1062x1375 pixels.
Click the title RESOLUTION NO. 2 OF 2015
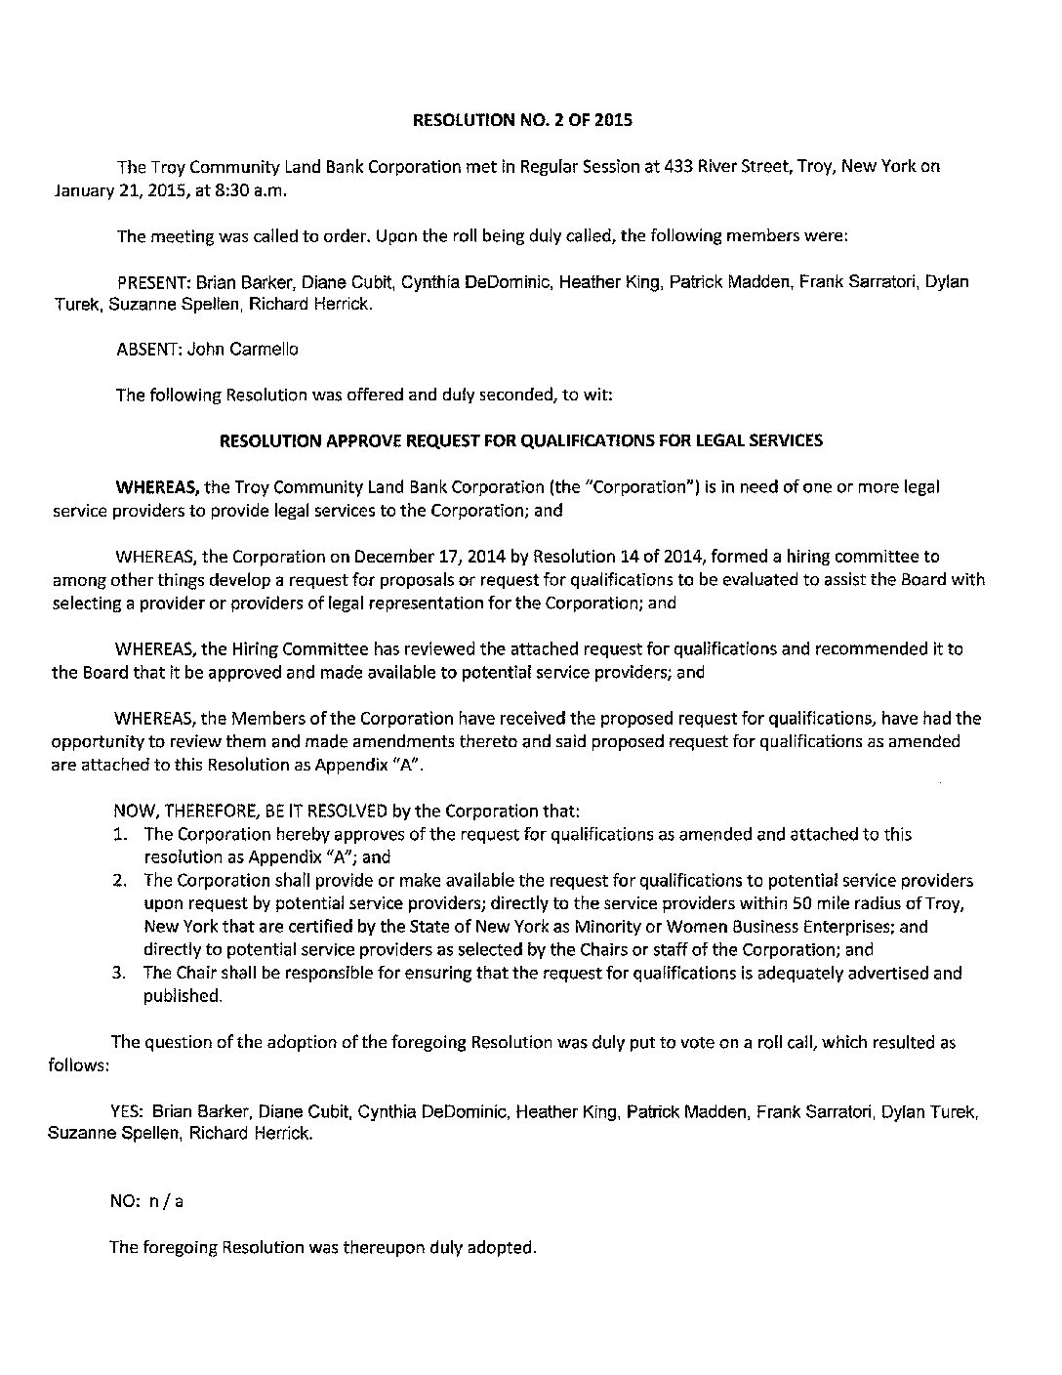coord(523,121)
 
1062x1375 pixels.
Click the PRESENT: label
coord(154,282)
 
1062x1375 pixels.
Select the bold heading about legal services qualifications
coord(521,440)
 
